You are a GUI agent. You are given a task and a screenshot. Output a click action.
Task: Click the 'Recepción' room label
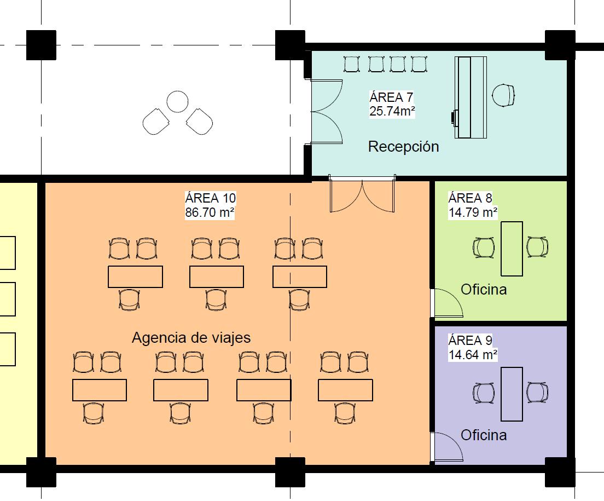click(403, 147)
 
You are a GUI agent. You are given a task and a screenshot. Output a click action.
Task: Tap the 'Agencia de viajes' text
click(191, 337)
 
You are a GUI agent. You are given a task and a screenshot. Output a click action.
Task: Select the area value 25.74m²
click(392, 111)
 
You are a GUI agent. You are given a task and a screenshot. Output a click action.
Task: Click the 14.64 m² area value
click(473, 354)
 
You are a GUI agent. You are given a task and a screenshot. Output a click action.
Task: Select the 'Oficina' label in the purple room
click(484, 435)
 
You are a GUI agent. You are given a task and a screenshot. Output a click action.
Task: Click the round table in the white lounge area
click(177, 101)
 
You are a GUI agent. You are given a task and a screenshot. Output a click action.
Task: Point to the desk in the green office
click(512, 248)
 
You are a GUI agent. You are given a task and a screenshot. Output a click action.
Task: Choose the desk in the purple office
click(512, 394)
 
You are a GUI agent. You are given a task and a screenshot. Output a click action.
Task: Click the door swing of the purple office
click(448, 446)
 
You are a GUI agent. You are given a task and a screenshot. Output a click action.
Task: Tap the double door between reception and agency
click(362, 194)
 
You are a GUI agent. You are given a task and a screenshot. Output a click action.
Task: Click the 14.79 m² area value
click(473, 212)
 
